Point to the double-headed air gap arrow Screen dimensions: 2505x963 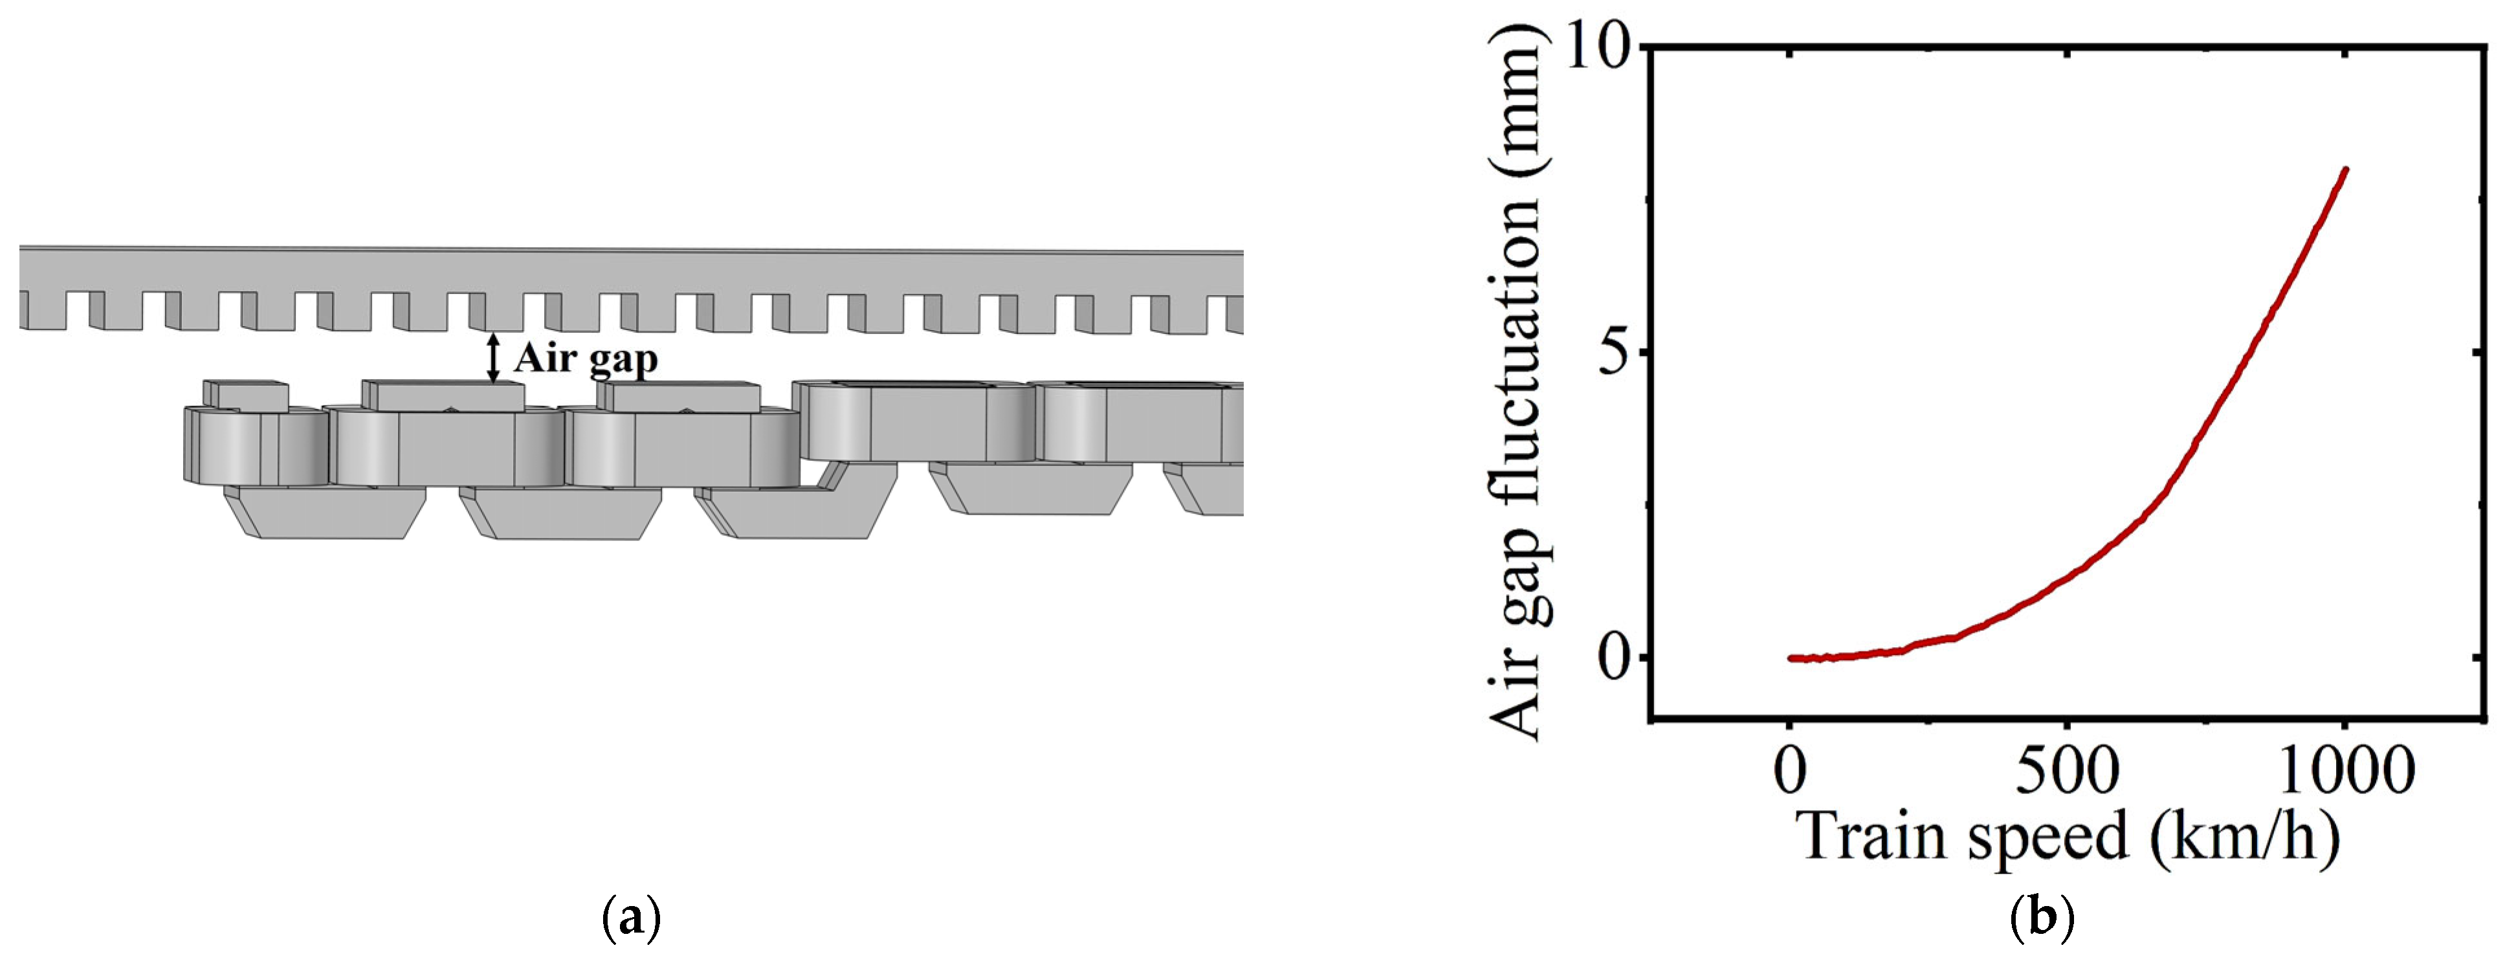pyautogui.click(x=494, y=357)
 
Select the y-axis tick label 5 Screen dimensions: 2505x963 pyautogui.click(x=1615, y=352)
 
